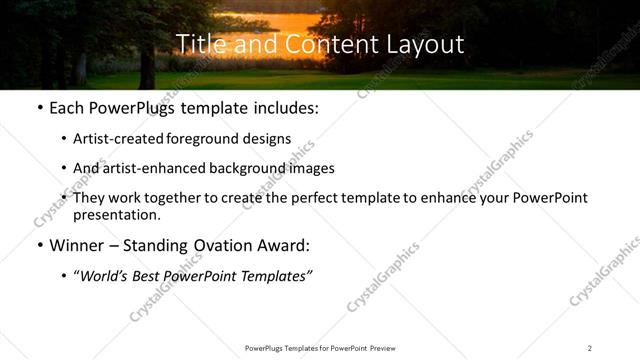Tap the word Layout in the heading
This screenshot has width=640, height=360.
428,45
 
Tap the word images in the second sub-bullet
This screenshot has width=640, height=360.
308,168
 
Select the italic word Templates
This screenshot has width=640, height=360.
275,274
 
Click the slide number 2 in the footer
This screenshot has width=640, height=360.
590,347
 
